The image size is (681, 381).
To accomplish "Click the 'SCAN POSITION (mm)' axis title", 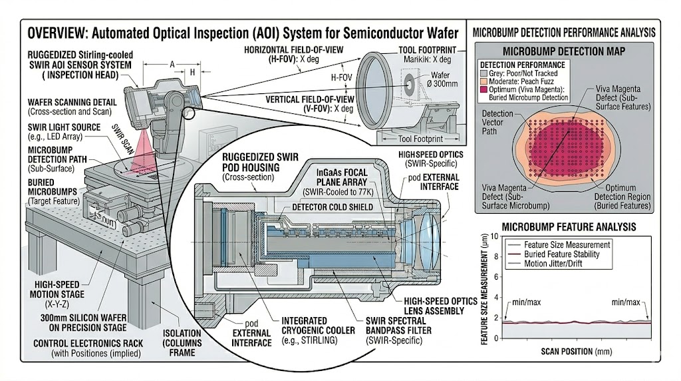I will (577, 351).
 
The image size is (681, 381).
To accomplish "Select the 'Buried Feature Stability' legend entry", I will (561, 254).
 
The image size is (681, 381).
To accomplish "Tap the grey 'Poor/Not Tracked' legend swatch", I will (483, 71).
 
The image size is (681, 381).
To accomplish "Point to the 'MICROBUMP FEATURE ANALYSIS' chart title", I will (569, 226).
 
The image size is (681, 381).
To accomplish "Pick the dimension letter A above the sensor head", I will (173, 65).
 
